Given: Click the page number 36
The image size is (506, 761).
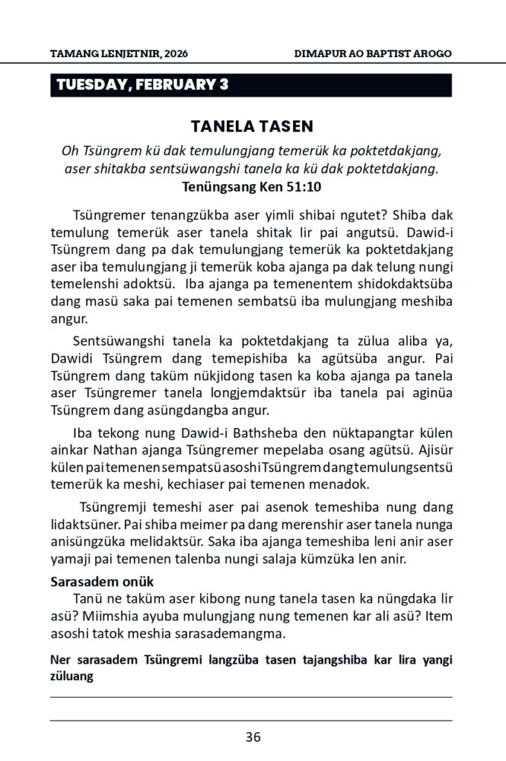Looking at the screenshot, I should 252,737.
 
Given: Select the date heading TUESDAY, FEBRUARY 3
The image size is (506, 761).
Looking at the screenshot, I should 142,85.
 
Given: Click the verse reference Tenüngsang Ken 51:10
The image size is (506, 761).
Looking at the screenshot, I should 252,186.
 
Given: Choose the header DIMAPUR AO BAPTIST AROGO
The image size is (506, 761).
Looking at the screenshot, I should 373,55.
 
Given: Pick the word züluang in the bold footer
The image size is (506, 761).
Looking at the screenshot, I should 72,677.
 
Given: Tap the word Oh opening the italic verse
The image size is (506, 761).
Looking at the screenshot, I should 70,151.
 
